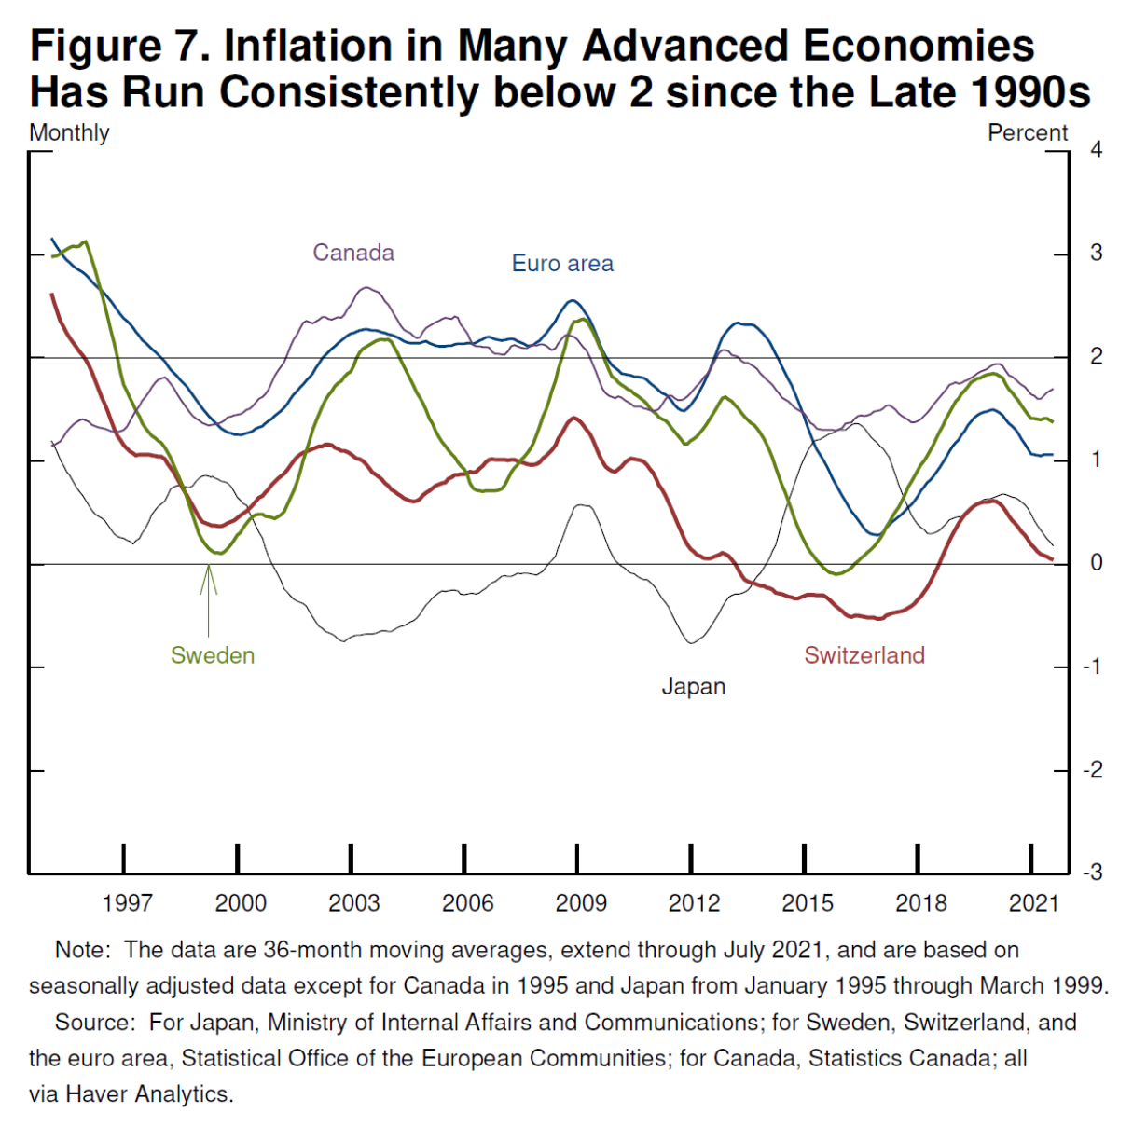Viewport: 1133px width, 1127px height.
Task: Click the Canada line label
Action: coord(353,253)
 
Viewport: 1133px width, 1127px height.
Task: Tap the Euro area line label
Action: coord(562,264)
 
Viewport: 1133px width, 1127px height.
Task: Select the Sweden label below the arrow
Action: coord(213,655)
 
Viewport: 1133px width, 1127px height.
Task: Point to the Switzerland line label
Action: coord(864,655)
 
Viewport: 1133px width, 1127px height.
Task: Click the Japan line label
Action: coord(693,687)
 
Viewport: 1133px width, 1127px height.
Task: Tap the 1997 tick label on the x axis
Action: coord(127,902)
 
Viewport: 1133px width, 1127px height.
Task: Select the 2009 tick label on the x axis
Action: coord(581,902)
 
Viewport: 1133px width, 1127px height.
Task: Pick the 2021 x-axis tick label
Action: coord(1034,902)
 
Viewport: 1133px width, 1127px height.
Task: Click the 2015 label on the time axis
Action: coord(808,902)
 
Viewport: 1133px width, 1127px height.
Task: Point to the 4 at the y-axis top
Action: coord(1097,150)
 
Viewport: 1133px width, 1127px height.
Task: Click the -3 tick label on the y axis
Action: coord(1092,873)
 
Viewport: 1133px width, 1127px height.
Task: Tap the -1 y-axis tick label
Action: coord(1092,667)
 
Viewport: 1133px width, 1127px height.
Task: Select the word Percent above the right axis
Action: coord(1028,133)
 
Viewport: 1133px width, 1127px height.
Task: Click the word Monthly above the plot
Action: coord(69,133)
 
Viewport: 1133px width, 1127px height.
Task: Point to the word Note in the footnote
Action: coord(82,950)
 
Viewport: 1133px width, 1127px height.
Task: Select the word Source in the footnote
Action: coord(94,1023)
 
